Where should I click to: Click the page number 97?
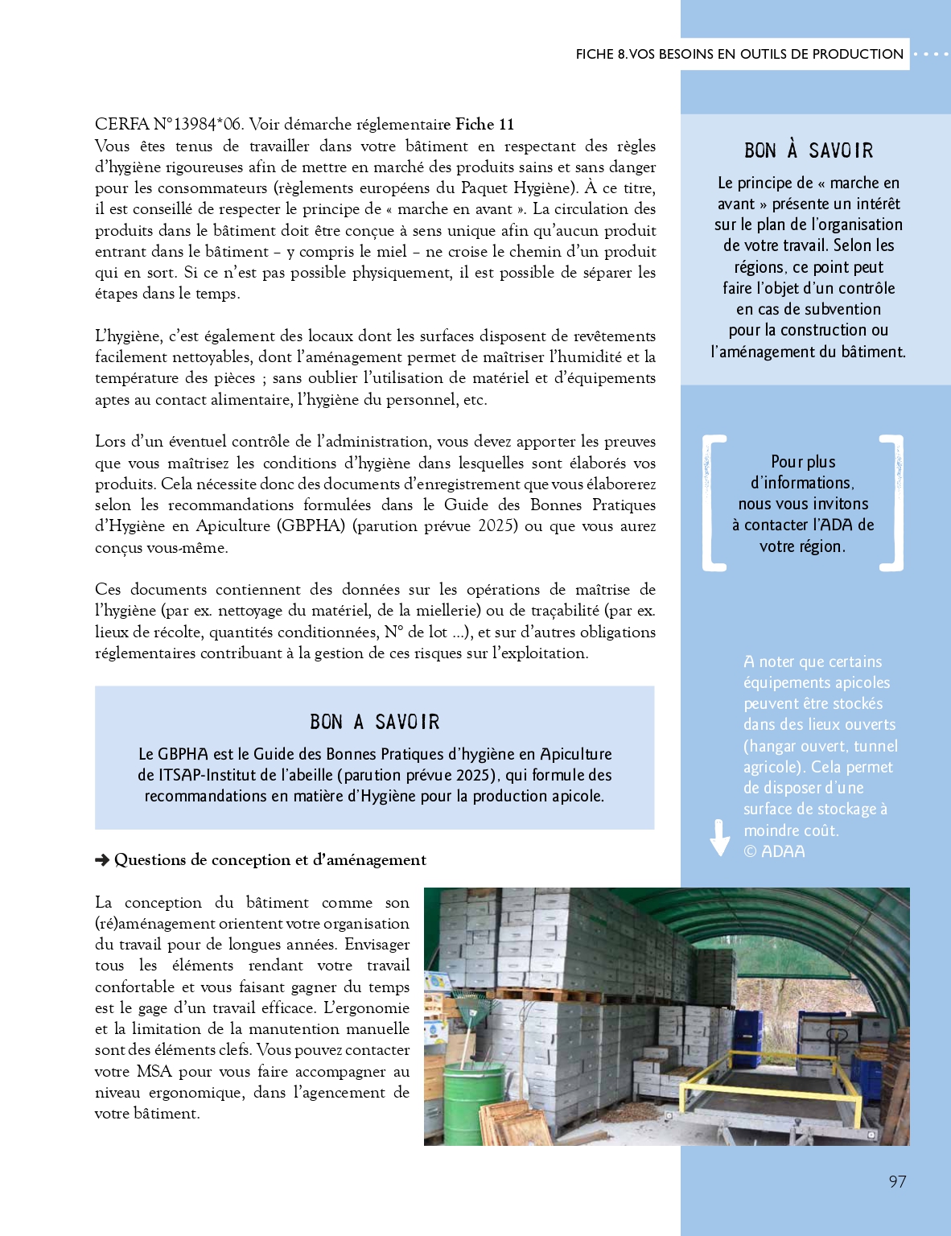897,1181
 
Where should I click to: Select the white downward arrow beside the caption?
719,838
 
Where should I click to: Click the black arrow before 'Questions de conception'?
102,860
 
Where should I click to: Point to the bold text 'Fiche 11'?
484,124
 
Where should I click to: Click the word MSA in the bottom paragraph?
154,1071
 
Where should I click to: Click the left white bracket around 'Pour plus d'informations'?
713,503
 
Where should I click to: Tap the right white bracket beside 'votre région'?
892,503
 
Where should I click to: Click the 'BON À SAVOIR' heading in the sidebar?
809,150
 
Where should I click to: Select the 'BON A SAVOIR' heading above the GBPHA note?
375,722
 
